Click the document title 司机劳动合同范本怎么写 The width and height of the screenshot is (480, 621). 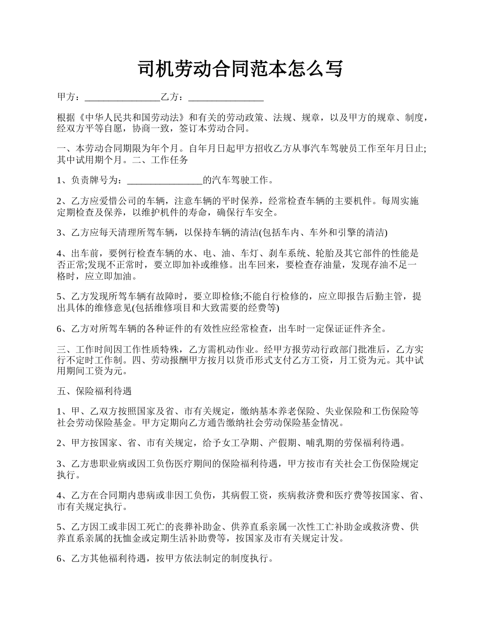pyautogui.click(x=240, y=69)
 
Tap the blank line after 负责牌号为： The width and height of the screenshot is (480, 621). pyautogui.click(x=165, y=180)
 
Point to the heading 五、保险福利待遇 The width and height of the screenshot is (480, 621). pyautogui.click(x=94, y=391)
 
